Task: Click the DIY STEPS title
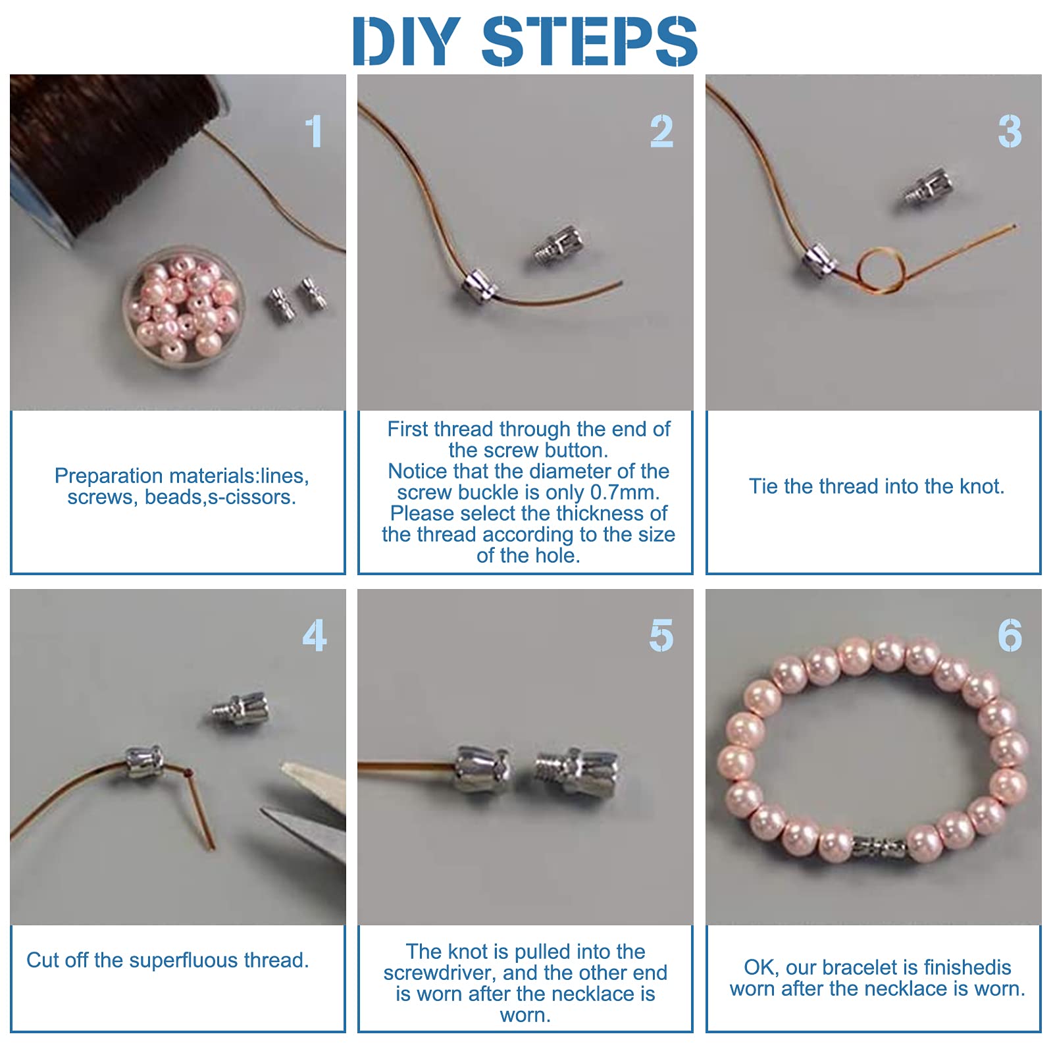(x=525, y=41)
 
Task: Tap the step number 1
(x=315, y=131)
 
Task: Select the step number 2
(x=661, y=131)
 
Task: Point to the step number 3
(x=1010, y=131)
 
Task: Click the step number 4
(x=315, y=636)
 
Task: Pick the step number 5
(x=661, y=636)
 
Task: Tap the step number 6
(x=1010, y=636)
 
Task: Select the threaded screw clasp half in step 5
(x=577, y=772)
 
